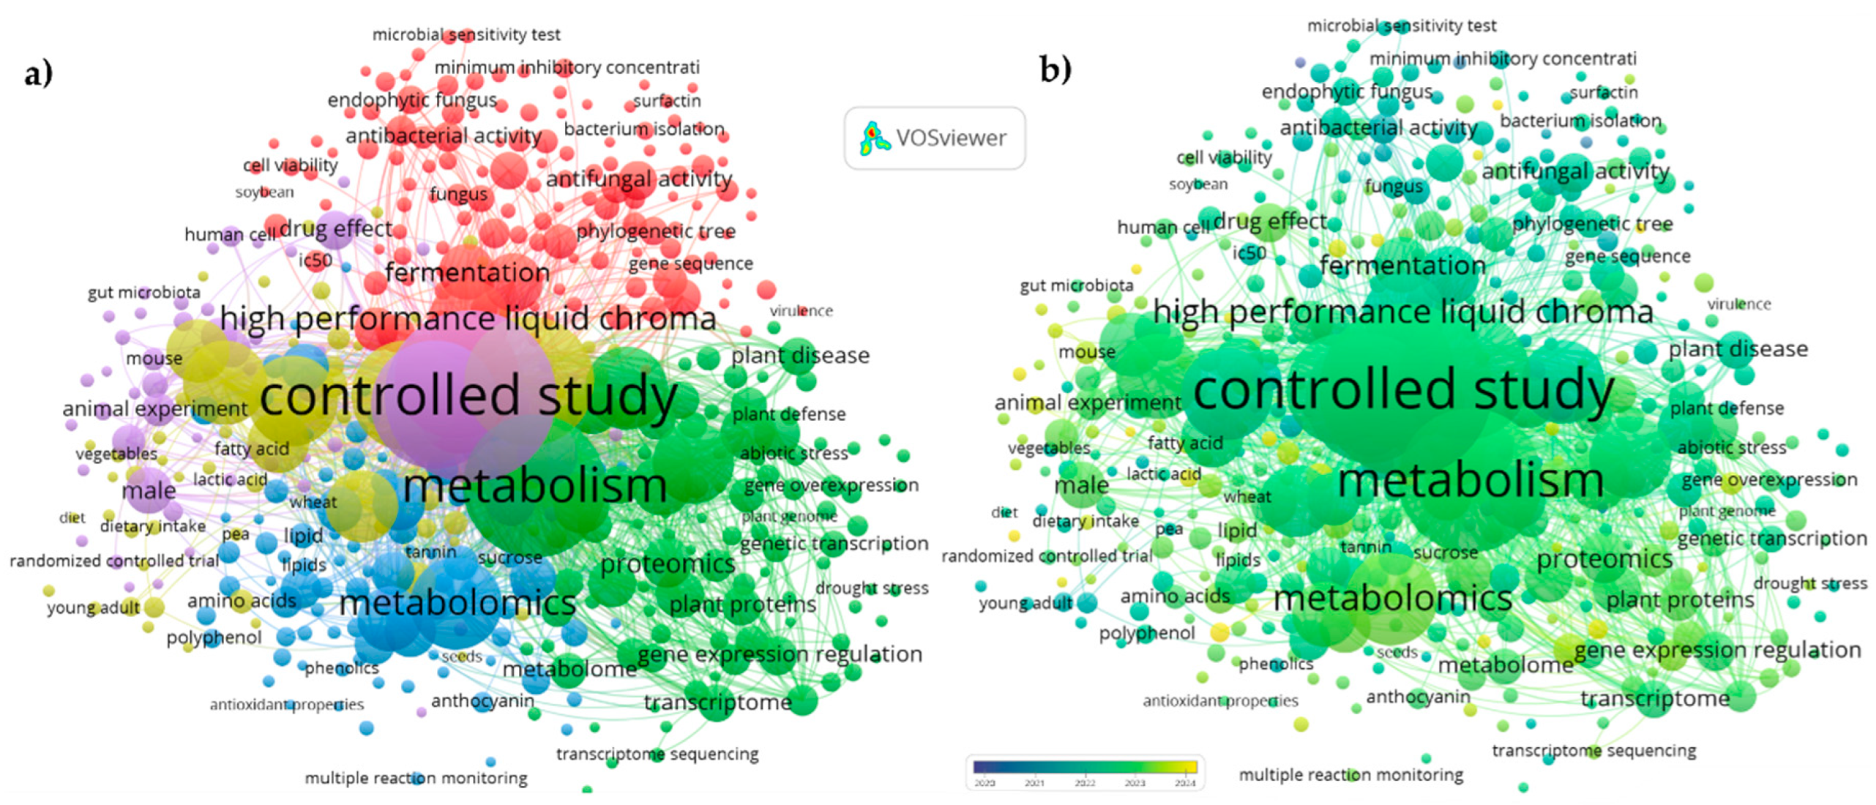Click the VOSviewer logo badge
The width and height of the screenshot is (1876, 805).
point(935,138)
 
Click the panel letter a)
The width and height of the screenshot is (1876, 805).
point(38,73)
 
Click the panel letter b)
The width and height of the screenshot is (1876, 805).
point(1055,70)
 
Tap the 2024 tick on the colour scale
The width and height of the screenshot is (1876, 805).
point(1184,782)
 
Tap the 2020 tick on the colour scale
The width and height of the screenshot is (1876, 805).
point(984,782)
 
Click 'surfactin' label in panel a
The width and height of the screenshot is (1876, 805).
point(666,101)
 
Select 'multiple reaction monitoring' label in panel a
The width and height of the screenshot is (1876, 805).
point(416,778)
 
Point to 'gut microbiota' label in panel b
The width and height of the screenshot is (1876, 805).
point(1076,285)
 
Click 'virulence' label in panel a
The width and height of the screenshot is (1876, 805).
point(801,311)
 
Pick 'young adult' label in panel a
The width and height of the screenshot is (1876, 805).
point(93,608)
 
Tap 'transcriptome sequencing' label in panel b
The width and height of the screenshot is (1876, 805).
point(1593,751)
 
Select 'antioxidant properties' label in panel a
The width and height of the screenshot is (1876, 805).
point(286,705)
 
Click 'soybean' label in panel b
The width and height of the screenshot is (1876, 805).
point(1197,184)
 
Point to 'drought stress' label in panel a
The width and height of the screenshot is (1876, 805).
point(871,588)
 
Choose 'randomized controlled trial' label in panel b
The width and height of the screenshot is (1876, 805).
point(1047,556)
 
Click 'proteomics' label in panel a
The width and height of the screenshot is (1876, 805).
point(667,564)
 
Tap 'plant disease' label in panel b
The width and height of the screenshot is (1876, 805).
point(1737,349)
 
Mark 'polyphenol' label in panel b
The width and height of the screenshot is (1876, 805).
point(1146,633)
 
